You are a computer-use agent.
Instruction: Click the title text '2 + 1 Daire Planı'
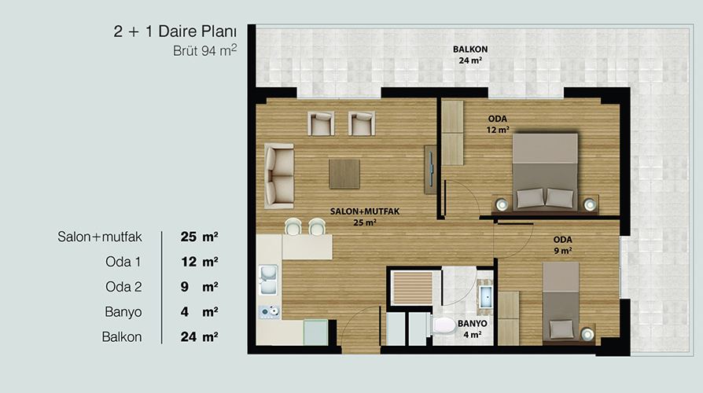click(x=175, y=31)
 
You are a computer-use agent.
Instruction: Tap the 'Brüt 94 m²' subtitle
click(x=205, y=50)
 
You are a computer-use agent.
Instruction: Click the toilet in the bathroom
click(x=443, y=326)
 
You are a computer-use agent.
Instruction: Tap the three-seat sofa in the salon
click(x=279, y=176)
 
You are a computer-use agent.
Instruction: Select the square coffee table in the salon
click(x=344, y=174)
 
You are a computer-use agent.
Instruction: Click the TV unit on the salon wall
click(x=430, y=170)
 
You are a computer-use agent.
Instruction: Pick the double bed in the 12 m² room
click(x=545, y=171)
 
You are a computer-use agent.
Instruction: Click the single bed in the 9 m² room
click(x=561, y=303)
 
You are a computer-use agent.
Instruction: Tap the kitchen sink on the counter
click(x=268, y=280)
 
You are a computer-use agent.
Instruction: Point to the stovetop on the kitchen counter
click(x=269, y=312)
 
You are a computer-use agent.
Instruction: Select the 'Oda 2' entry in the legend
click(x=123, y=287)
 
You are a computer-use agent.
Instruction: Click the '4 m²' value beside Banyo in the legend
click(x=199, y=312)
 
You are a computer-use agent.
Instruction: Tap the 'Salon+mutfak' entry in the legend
click(x=100, y=237)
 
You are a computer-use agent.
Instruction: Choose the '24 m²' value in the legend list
click(x=199, y=337)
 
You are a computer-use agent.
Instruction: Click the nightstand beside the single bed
click(x=587, y=334)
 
